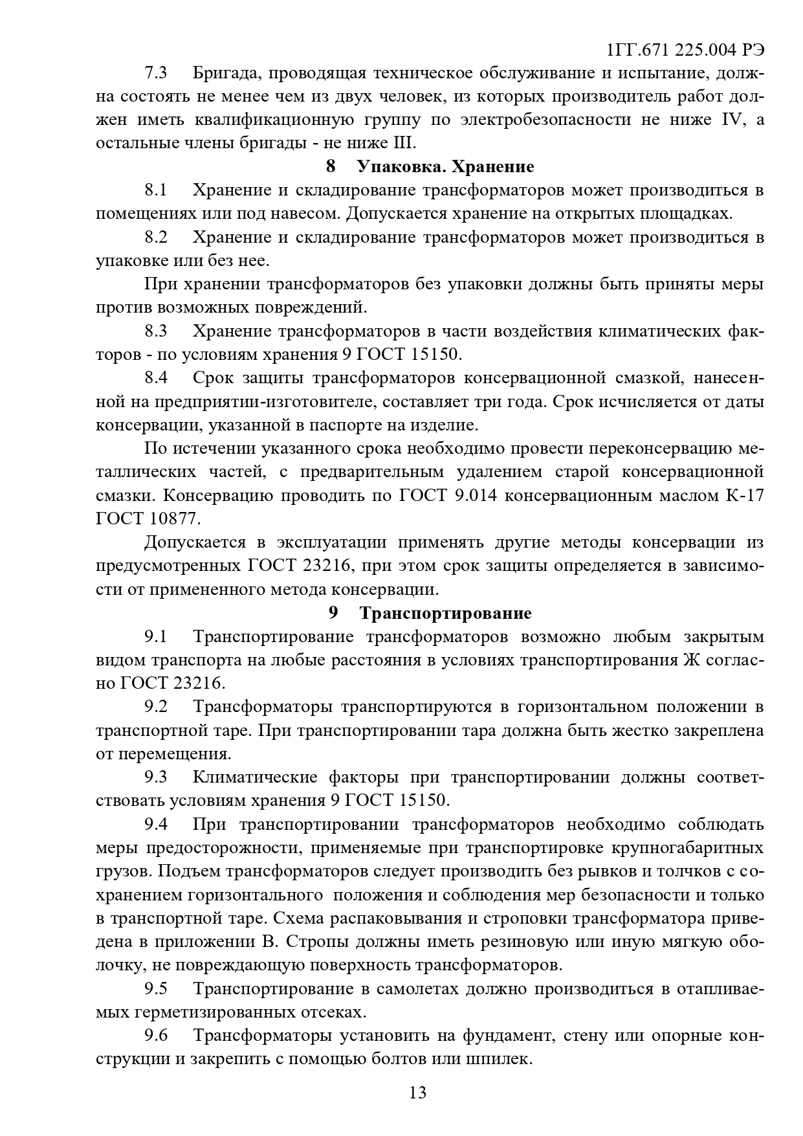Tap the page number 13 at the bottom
pos(417,1093)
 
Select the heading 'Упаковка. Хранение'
pos(446,167)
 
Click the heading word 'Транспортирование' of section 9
pos(446,613)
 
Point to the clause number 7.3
pos(156,73)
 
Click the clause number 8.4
pos(156,378)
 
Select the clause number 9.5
pos(156,988)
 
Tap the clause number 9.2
pos(156,707)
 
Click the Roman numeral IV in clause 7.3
pos(732,120)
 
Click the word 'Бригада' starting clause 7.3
pos(226,73)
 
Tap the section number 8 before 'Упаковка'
pos(331,167)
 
